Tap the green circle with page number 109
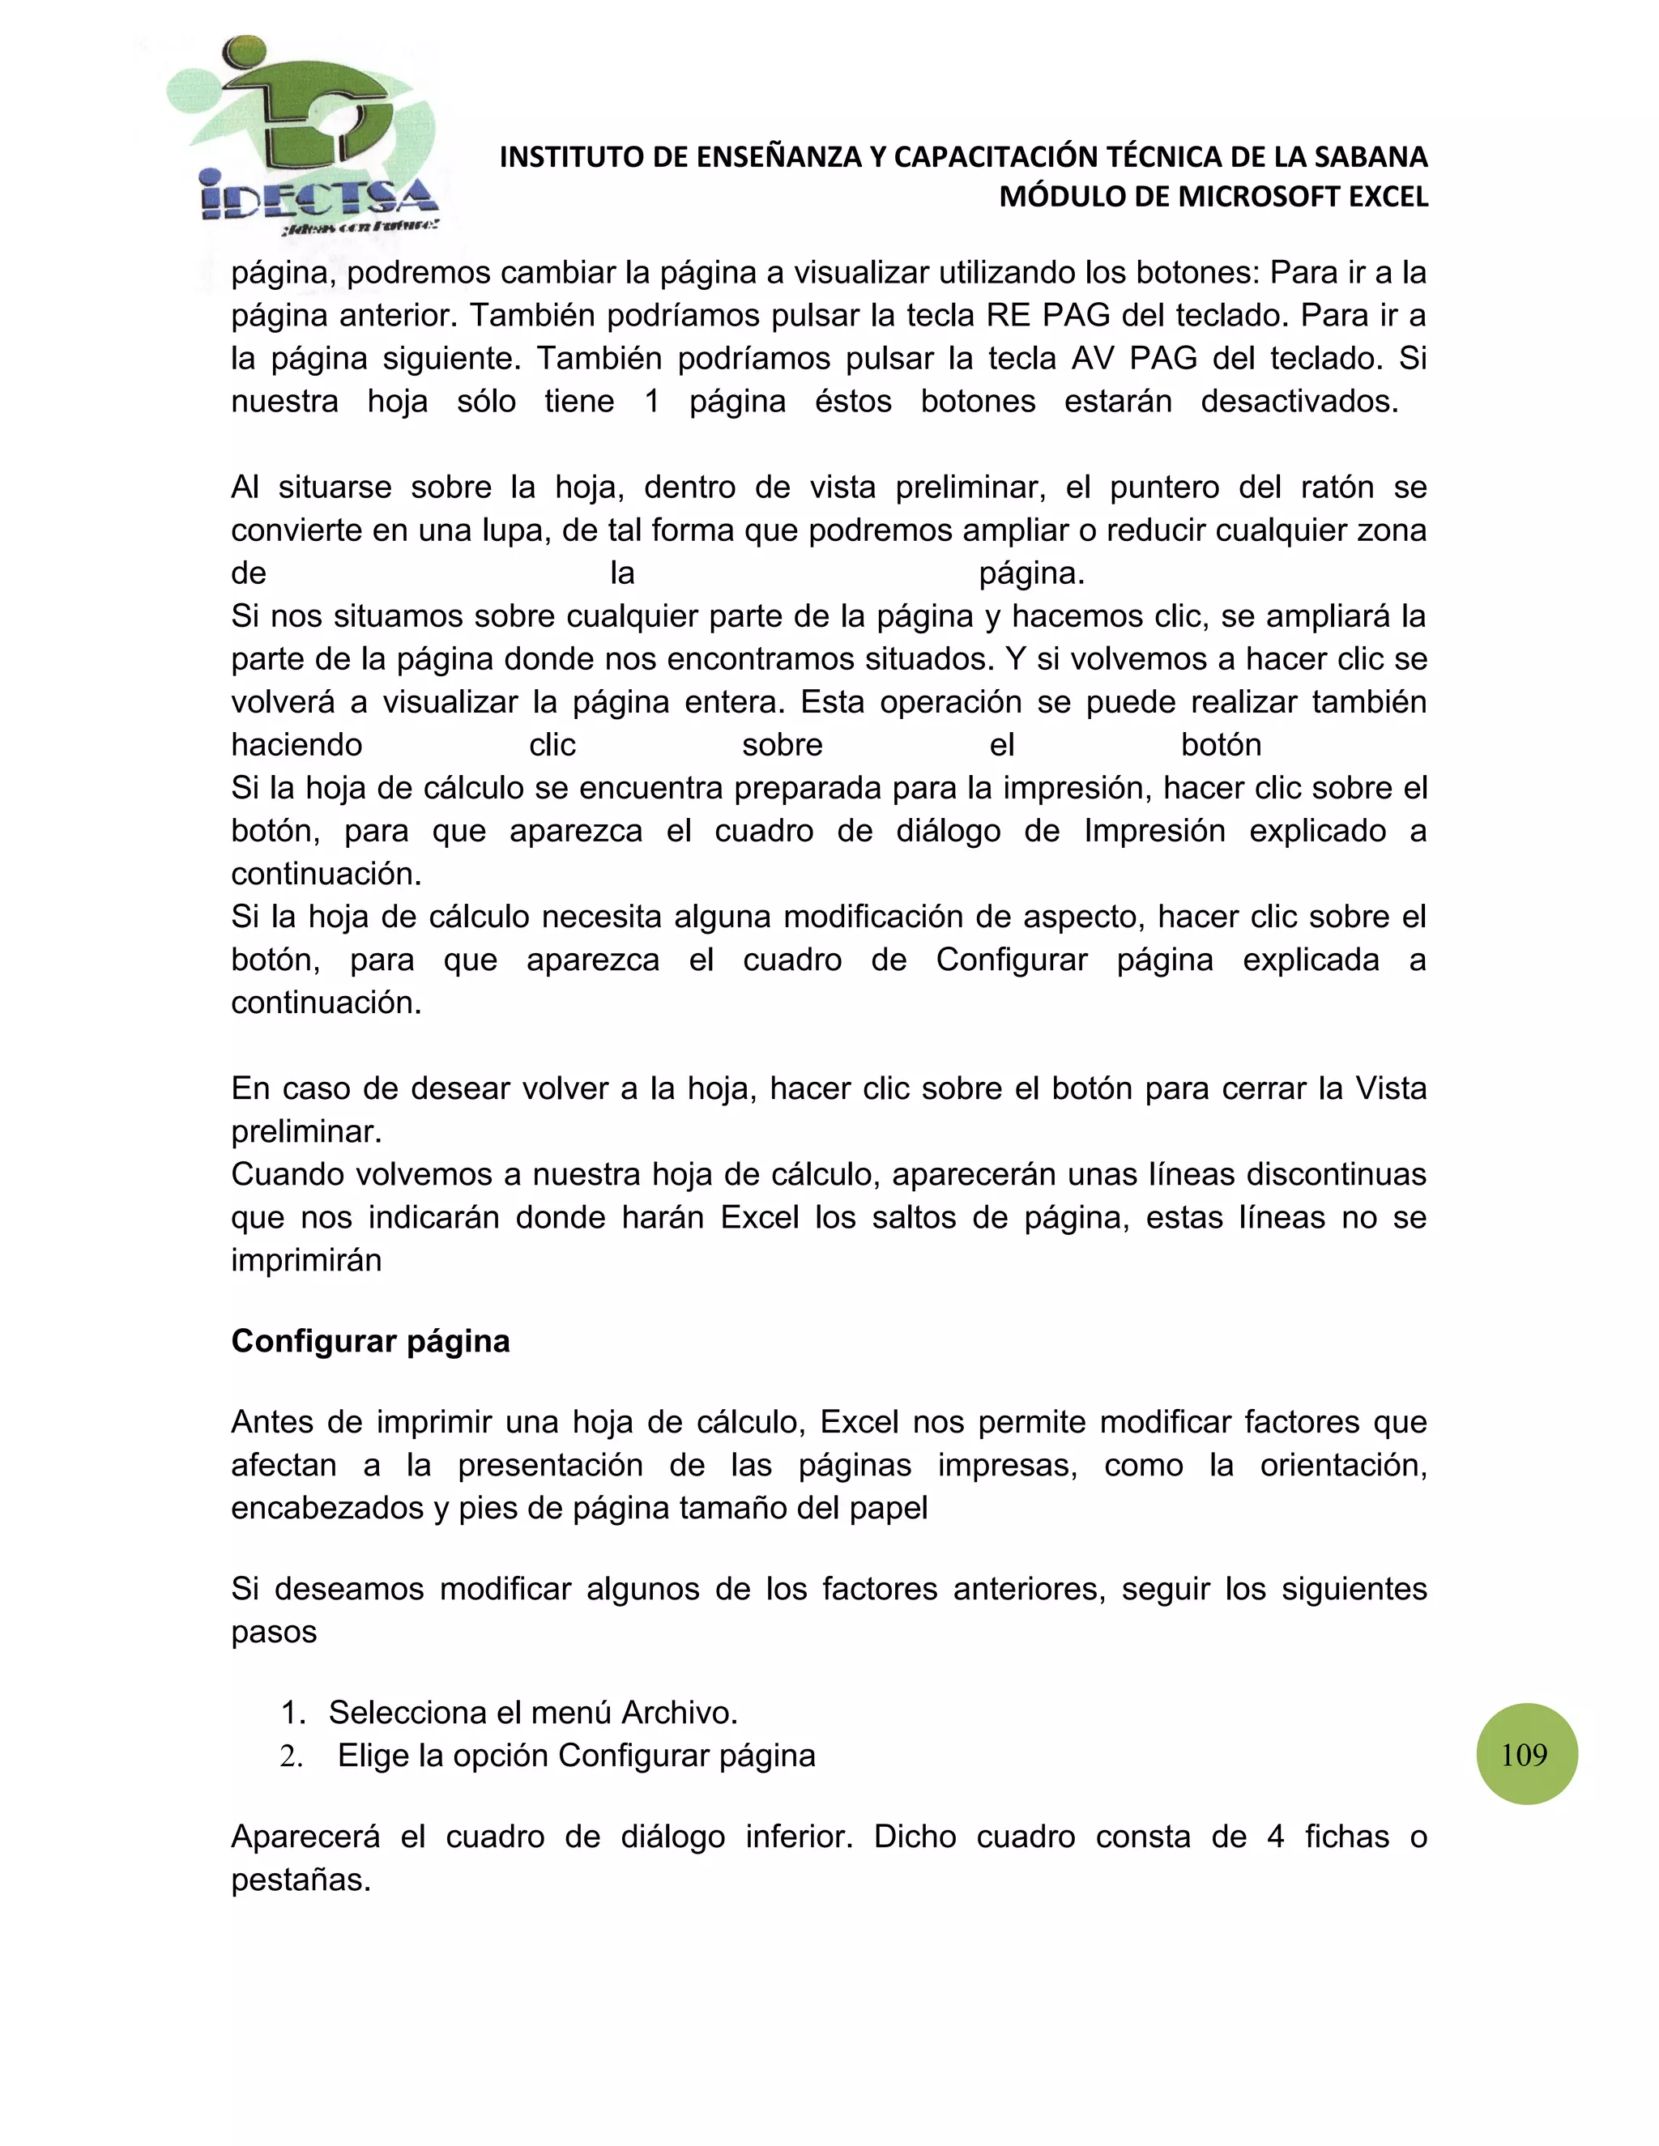[1526, 1754]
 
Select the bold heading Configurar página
[369, 1341]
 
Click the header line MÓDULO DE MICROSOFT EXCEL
[1213, 198]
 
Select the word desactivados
[1299, 402]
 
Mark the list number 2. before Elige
[291, 1756]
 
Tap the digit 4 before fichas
[1276, 1837]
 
